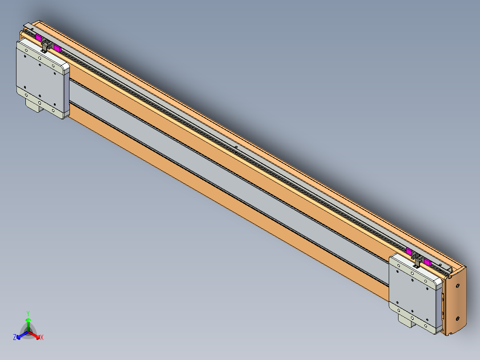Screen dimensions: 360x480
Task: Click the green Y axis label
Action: coord(28,313)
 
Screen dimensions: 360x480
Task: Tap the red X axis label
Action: coord(42,338)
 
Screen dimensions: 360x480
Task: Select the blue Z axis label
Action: coord(15,338)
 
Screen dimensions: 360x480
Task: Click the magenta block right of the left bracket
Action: coord(57,48)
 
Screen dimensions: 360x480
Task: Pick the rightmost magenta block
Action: coord(427,262)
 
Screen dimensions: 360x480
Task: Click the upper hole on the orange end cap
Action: coord(457,286)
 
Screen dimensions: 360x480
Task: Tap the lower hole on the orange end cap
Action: coord(457,318)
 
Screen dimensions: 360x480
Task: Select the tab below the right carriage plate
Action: coord(407,320)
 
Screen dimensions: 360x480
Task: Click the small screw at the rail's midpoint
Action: coord(236,147)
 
